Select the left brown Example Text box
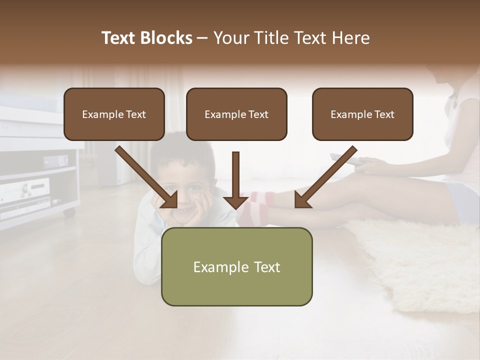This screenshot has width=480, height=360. (114, 114)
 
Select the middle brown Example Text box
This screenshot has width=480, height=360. (236, 114)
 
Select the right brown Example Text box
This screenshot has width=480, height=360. (362, 114)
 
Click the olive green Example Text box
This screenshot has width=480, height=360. (236, 266)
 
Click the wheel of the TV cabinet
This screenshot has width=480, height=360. (68, 212)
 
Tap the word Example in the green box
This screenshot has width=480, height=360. (215, 267)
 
